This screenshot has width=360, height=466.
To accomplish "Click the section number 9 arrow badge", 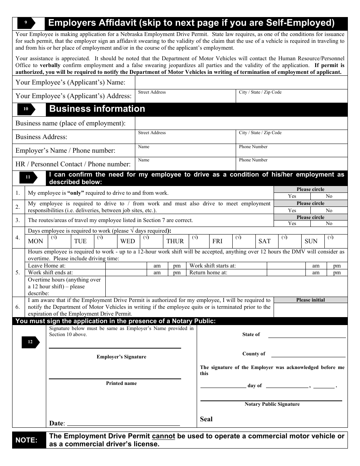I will [x=26, y=23].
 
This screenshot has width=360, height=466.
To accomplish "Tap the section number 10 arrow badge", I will [x=26, y=109].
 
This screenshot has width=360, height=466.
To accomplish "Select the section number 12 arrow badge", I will [x=30, y=342].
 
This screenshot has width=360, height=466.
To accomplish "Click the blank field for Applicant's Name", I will [x=241, y=82].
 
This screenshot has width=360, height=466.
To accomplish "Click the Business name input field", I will [x=241, y=123].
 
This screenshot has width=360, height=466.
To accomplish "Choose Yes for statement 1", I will [x=292, y=196].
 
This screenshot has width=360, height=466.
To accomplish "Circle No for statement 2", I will [x=329, y=210].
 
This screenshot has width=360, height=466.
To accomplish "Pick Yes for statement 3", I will [x=292, y=224].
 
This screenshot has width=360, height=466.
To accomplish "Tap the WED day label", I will [x=128, y=241].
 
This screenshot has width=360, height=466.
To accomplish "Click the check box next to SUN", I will [x=336, y=241].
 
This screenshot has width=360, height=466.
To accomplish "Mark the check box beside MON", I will [x=59, y=241].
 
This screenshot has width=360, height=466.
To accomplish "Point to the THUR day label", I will [x=175, y=241].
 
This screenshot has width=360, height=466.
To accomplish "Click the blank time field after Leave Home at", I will [x=126, y=266].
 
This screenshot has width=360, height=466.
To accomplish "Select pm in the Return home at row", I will [x=337, y=273].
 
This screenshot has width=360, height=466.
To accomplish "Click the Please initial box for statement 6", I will [x=310, y=310].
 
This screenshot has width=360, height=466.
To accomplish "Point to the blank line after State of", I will [x=307, y=336].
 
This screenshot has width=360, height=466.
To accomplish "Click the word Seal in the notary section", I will [x=206, y=419].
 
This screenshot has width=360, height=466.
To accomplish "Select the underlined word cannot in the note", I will [x=163, y=436].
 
